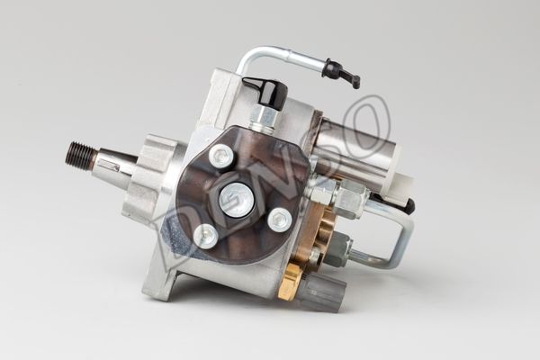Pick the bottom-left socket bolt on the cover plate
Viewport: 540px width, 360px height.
[x=205, y=236]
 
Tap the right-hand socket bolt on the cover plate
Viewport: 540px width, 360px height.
[x=280, y=220]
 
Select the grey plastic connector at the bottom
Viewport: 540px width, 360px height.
[x=326, y=292]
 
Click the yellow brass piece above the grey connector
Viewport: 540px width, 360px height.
[x=292, y=281]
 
